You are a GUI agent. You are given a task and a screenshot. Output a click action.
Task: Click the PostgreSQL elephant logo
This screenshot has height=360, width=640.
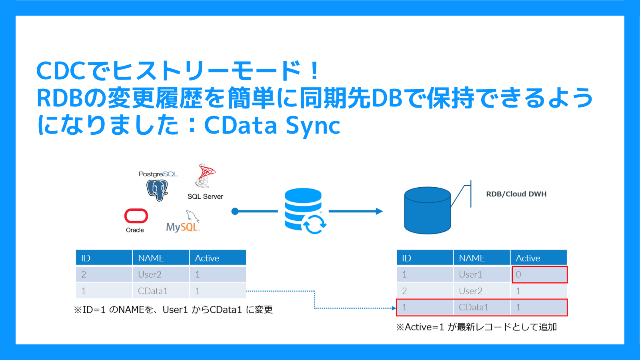(157, 190)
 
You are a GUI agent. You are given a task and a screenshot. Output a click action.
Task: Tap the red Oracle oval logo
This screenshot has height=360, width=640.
(136, 216)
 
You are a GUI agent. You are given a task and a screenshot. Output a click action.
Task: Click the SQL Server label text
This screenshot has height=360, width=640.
(205, 196)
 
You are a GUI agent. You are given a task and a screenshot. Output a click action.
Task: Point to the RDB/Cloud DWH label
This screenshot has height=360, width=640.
(516, 194)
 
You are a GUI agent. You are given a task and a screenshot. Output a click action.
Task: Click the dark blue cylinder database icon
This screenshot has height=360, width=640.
(428, 210)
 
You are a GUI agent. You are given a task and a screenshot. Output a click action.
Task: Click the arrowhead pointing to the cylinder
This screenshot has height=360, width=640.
(379, 211)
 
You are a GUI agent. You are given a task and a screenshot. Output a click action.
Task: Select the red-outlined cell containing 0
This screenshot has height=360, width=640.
(539, 274)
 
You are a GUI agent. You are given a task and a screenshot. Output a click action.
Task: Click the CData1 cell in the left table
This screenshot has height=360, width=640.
(153, 291)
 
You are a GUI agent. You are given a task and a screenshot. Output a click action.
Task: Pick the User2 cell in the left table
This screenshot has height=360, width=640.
(150, 274)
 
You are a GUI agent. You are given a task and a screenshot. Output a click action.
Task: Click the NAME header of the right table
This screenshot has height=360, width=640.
(472, 258)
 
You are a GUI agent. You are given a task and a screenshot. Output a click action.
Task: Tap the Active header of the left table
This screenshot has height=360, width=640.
(207, 258)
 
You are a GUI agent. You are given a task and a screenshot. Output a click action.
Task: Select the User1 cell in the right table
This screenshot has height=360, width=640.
(470, 274)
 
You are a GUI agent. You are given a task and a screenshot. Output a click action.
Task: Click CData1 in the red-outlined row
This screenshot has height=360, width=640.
(474, 307)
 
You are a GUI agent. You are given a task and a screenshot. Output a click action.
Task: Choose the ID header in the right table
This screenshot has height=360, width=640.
(407, 258)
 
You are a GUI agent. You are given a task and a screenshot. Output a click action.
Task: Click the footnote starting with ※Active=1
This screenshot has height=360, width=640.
(476, 327)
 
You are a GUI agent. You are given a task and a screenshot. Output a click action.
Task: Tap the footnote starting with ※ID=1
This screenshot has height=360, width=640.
(173, 310)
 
